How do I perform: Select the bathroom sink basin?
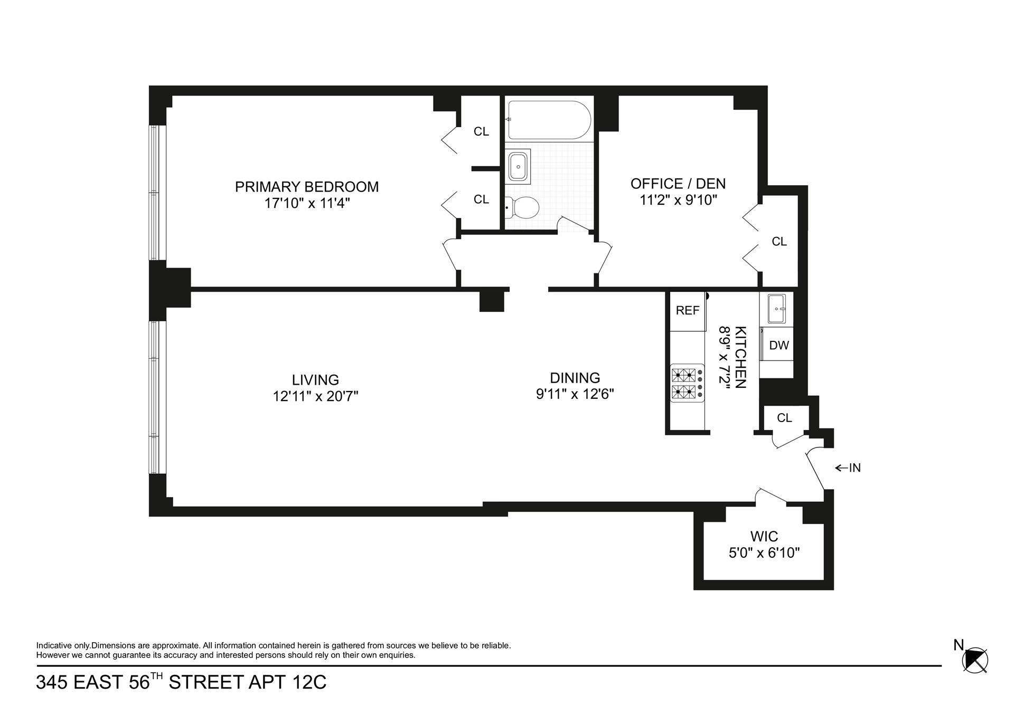[x=518, y=167]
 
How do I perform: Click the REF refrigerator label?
[x=687, y=311]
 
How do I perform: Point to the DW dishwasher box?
[x=778, y=346]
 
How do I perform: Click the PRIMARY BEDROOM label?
[x=307, y=187]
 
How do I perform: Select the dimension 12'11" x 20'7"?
[x=315, y=396]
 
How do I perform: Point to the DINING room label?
[x=575, y=378]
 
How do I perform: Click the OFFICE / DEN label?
[x=678, y=184]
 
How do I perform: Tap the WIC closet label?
[x=764, y=537]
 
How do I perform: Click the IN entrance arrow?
[x=848, y=467]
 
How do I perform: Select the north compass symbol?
[x=975, y=660]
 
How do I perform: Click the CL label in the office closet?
[x=779, y=242]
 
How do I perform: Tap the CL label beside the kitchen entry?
[x=784, y=418]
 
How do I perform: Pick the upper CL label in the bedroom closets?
[x=481, y=131]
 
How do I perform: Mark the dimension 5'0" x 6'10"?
[x=764, y=553]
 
